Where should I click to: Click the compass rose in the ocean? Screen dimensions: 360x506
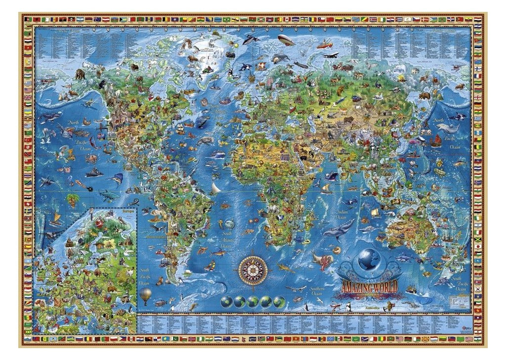pyautogui.click(x=253, y=270)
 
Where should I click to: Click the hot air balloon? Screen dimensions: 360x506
pyautogui.click(x=145, y=296)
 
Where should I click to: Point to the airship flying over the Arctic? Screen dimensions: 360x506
pyautogui.click(x=286, y=40)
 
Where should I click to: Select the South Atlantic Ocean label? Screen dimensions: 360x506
pyautogui.click(x=227, y=239)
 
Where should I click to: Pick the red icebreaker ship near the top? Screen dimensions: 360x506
pyautogui.click(x=324, y=45)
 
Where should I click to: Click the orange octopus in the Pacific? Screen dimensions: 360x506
pyautogui.click(x=91, y=159)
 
